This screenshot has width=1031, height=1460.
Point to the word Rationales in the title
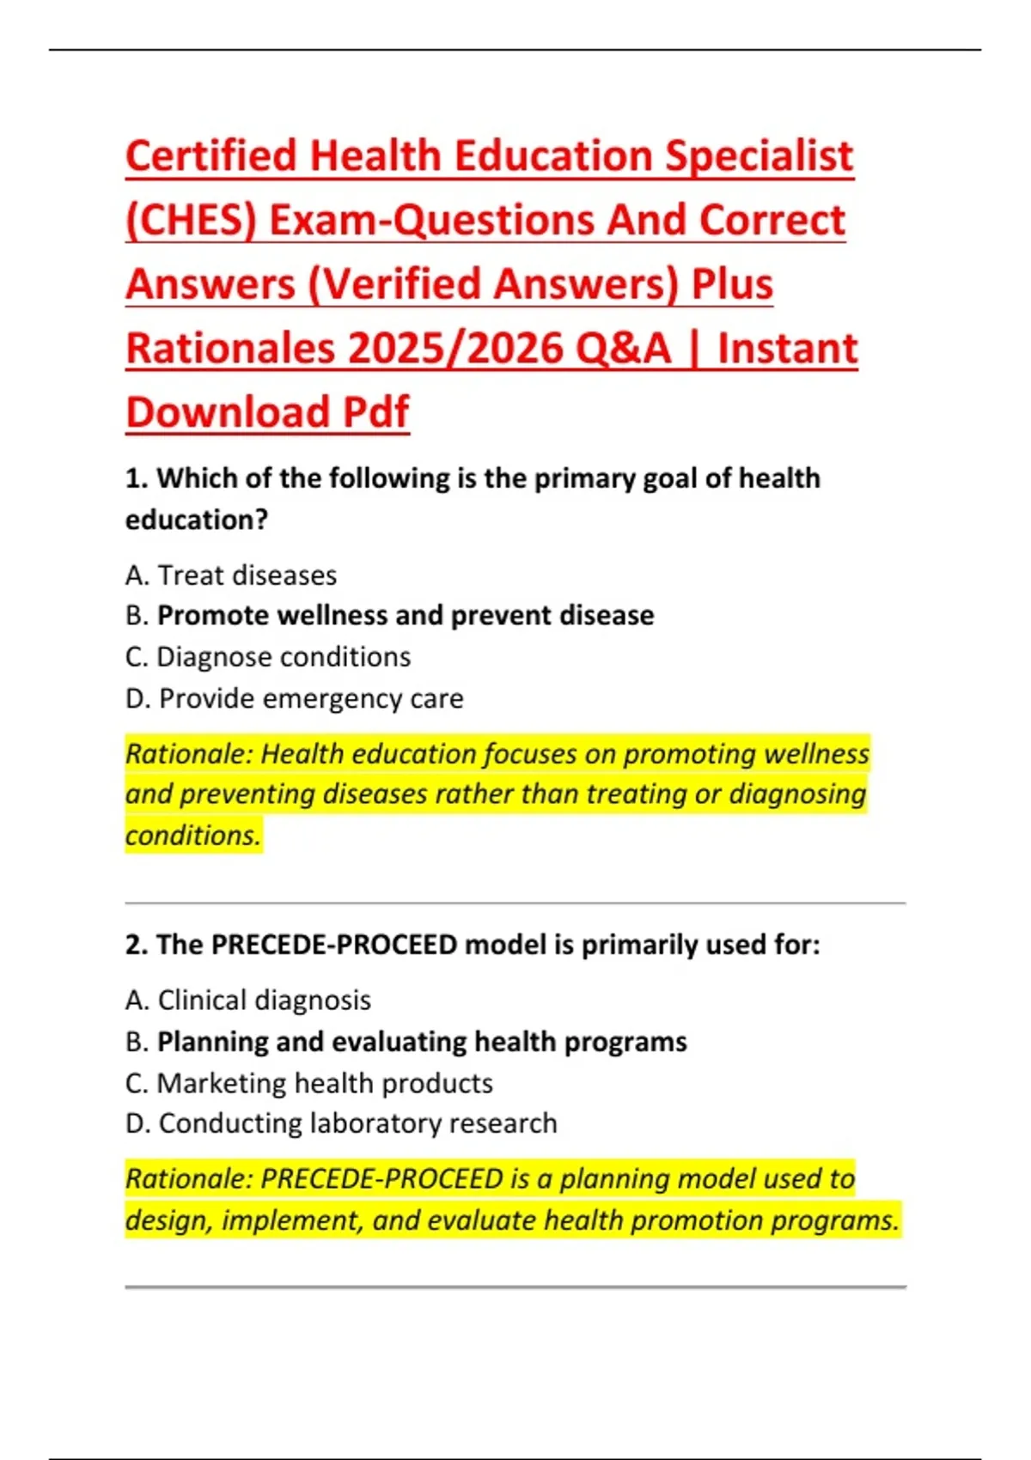pyautogui.click(x=230, y=349)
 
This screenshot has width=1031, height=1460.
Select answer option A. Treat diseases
pyautogui.click(x=231, y=575)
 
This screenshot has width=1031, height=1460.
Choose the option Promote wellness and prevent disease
pyautogui.click(x=405, y=615)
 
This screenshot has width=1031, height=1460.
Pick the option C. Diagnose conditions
pyautogui.click(x=268, y=656)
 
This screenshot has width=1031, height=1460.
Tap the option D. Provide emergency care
pyautogui.click(x=294, y=698)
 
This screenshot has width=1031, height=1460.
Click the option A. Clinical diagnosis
pyautogui.click(x=248, y=1000)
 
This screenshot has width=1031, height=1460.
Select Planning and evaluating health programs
pyautogui.click(x=421, y=1041)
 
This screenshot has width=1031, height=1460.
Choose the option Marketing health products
pyautogui.click(x=324, y=1083)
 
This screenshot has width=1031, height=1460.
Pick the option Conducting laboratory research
pyautogui.click(x=357, y=1123)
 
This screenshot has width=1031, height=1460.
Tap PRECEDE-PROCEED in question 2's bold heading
pyautogui.click(x=334, y=945)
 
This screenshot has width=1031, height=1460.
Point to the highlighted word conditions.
pyautogui.click(x=192, y=835)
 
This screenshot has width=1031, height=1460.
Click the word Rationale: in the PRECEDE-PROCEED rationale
pyautogui.click(x=189, y=1178)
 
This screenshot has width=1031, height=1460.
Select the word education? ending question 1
pyautogui.click(x=197, y=520)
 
